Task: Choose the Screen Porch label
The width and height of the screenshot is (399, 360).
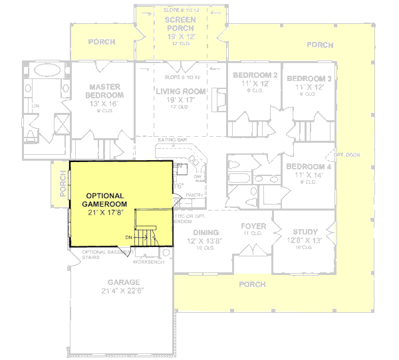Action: coord(180,24)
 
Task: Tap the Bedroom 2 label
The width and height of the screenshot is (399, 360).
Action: coord(255,75)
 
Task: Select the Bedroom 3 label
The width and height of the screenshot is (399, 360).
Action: coord(309,79)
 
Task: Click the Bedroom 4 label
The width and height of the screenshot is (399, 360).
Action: coord(309,166)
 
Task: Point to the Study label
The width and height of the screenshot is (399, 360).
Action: coord(305,232)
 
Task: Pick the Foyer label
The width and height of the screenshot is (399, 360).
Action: coord(253,226)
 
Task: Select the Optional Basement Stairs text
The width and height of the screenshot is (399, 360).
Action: coord(108,254)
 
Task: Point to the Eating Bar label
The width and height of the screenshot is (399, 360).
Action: coord(171,140)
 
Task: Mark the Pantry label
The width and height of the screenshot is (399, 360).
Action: coord(194,194)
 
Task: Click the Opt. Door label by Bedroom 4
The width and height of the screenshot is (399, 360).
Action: coord(346,154)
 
